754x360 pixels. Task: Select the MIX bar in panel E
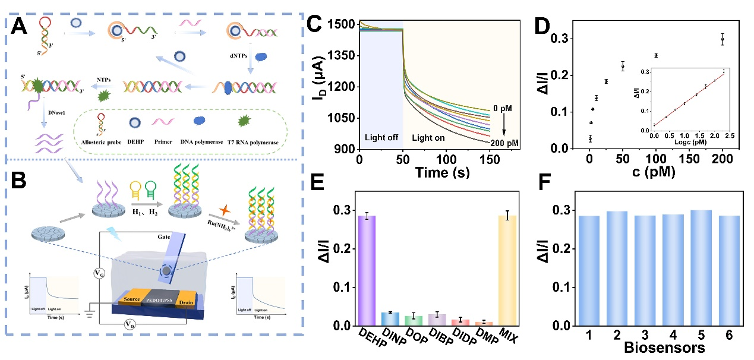pos(506,271)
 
